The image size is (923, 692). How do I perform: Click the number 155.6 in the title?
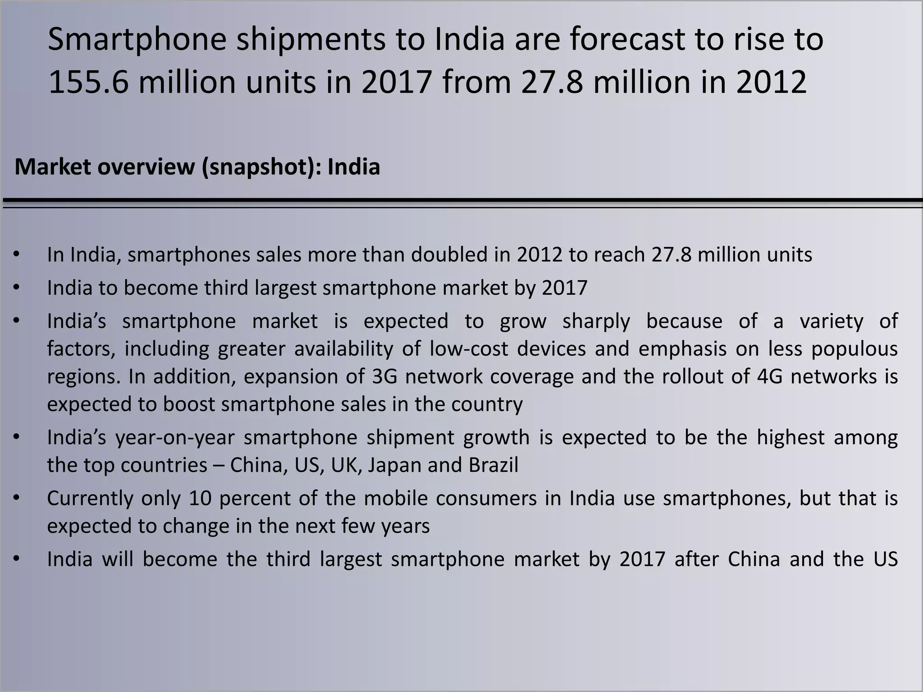click(88, 82)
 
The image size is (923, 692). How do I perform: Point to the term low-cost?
click(469, 349)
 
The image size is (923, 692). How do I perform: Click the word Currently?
click(90, 498)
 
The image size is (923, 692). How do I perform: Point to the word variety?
click(832, 322)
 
